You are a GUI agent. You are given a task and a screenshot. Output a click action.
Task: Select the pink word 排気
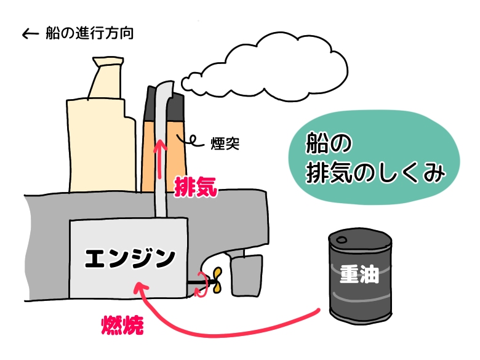[196, 185]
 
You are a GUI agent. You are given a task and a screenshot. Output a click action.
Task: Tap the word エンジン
[129, 259]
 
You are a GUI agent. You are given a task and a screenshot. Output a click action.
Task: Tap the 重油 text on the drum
[358, 273]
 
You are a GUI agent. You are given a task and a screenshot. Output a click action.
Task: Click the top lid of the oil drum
[360, 239]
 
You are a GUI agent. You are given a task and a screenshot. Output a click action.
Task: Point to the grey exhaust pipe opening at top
[162, 86]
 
